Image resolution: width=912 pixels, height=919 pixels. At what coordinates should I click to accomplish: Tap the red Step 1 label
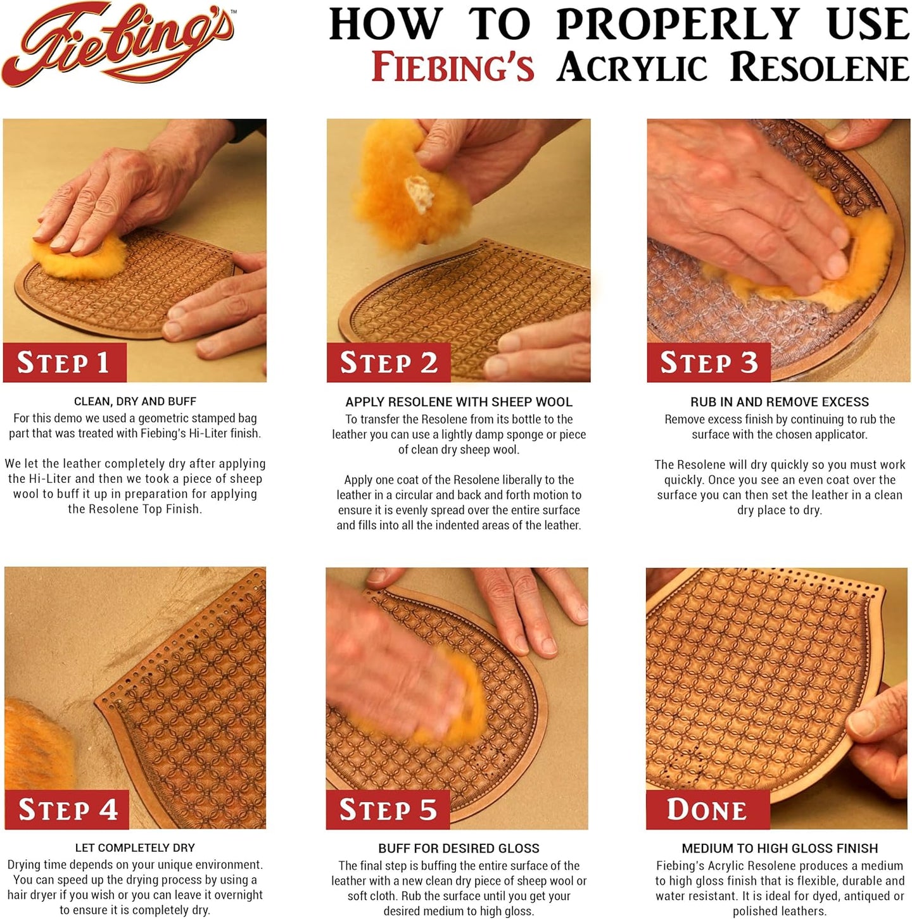click(64, 363)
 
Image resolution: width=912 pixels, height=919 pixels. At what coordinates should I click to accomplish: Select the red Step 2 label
click(388, 363)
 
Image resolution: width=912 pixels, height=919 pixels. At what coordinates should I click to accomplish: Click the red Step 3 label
click(708, 363)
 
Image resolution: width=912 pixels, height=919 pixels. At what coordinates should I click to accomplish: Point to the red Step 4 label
click(67, 810)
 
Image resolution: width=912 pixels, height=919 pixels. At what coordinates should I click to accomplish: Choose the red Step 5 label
click(388, 810)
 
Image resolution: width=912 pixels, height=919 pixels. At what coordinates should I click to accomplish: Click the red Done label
click(707, 810)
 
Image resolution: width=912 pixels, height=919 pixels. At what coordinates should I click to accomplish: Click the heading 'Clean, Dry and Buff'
click(135, 401)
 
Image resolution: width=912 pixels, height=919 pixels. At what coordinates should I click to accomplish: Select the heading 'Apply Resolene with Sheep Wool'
click(459, 402)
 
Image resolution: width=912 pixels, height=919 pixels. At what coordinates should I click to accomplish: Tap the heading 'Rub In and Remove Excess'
click(779, 402)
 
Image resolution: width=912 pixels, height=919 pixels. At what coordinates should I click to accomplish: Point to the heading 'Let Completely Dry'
click(135, 847)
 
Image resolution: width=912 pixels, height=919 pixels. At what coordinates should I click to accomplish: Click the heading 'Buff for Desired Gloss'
click(459, 848)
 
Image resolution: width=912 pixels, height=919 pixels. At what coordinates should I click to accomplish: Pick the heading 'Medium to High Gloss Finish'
click(779, 848)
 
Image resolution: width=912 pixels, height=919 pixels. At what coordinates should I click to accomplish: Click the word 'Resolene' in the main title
click(820, 68)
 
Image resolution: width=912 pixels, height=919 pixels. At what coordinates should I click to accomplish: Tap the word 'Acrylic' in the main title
click(631, 68)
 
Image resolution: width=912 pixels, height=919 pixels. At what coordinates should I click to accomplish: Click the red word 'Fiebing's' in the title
click(452, 68)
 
